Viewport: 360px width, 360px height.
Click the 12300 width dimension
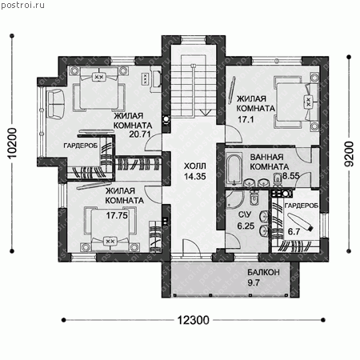(x=194, y=320)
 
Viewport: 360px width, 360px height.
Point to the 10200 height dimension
(x=12, y=143)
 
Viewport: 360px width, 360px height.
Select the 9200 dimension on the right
(x=349, y=154)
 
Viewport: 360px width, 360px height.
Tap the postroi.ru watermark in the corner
(x=22, y=5)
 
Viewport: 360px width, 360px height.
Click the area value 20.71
(x=140, y=134)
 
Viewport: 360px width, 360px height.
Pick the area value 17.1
(x=246, y=119)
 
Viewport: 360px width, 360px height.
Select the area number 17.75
(x=117, y=215)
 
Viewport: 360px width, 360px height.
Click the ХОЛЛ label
(x=195, y=166)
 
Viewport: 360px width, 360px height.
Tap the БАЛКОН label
(x=263, y=272)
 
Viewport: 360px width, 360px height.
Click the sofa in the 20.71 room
(x=55, y=103)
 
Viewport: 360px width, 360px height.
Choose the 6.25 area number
(x=246, y=226)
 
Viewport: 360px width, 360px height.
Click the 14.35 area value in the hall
(x=195, y=176)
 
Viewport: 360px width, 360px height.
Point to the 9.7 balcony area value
(x=254, y=282)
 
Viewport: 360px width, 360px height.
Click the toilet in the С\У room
(x=254, y=198)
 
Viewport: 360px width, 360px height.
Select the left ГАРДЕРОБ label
(x=81, y=146)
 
